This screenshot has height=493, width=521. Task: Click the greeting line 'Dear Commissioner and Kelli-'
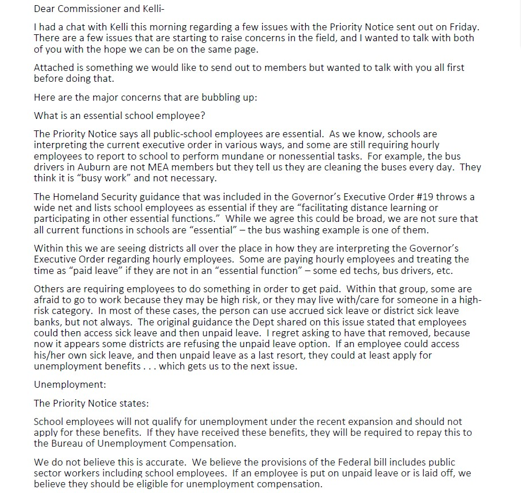coord(94,9)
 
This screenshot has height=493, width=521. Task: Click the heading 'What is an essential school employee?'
coord(119,116)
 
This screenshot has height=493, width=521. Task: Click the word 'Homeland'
coord(76,197)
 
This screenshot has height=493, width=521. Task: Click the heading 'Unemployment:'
coord(70,384)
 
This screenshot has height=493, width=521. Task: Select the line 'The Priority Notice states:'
coord(91,403)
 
